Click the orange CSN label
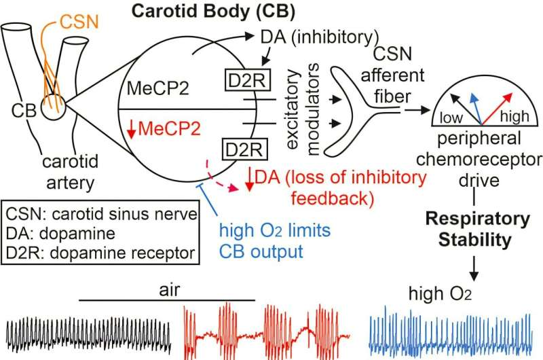point(79,22)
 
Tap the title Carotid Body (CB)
point(213,11)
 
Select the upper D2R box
point(247,80)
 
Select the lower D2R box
point(244,149)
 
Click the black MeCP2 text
point(158,88)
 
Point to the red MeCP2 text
point(169,129)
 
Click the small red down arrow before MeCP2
point(131,130)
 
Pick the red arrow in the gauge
point(497,109)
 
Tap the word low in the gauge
point(451,118)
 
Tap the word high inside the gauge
point(514,116)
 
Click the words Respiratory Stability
point(477,230)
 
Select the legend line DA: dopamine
point(60,234)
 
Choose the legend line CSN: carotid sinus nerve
point(101,214)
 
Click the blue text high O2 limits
point(275,230)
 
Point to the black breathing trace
point(88,335)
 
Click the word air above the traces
point(169,290)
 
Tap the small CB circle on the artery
point(54,108)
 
